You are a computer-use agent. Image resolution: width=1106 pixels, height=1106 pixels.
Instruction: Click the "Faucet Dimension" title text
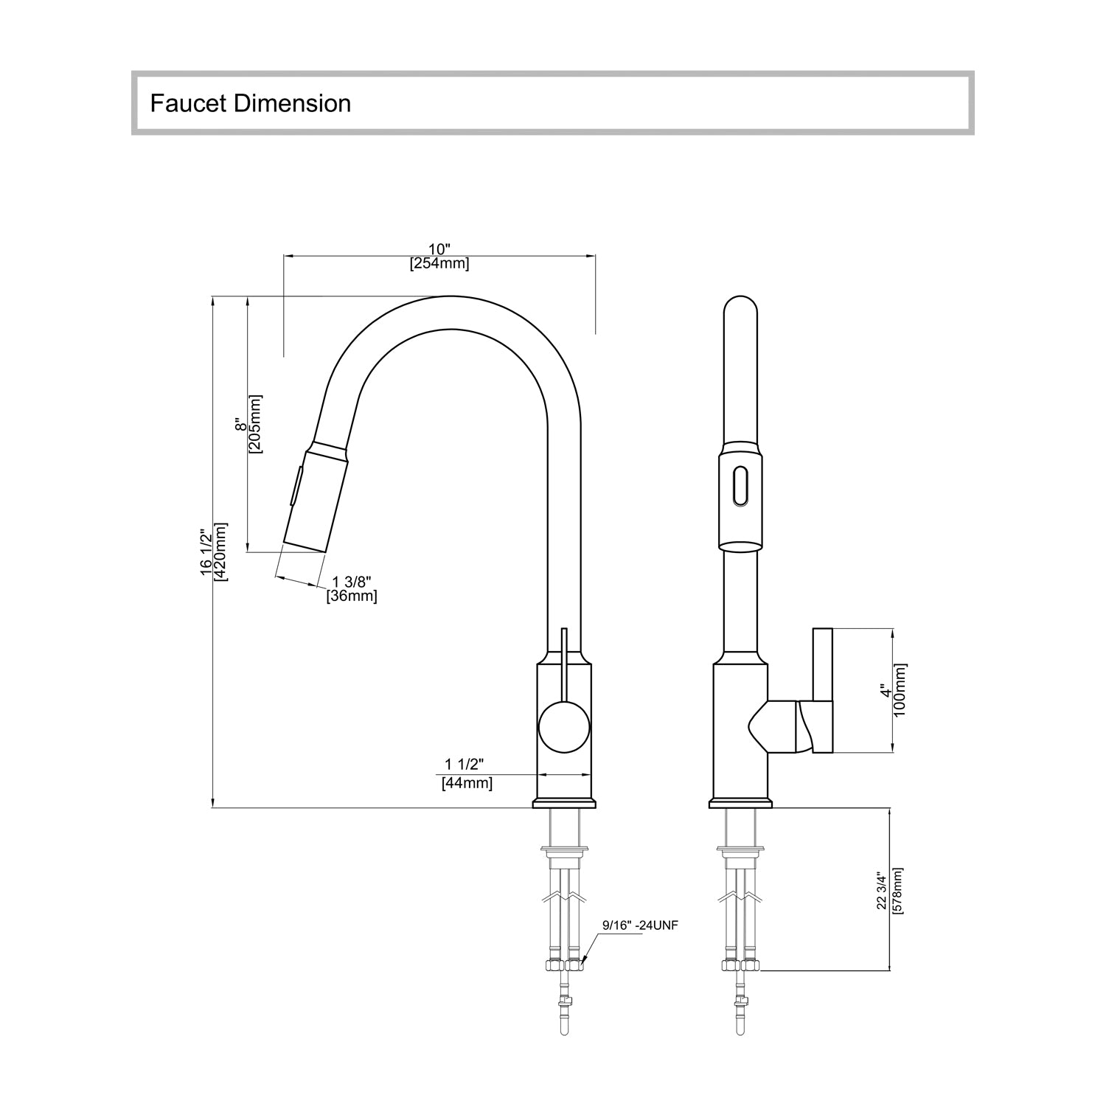(x=250, y=103)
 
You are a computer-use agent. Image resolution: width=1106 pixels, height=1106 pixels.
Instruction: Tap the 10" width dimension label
(x=439, y=249)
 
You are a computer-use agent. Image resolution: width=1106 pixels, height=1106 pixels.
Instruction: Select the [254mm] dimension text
(x=439, y=263)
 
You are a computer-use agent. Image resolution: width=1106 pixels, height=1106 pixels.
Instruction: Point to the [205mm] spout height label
(x=255, y=424)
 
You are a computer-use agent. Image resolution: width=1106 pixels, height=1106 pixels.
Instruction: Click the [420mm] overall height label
(x=220, y=552)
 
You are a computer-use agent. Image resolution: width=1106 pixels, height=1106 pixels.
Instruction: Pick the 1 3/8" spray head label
(x=352, y=582)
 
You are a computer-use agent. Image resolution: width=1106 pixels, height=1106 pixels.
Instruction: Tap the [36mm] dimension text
(x=352, y=596)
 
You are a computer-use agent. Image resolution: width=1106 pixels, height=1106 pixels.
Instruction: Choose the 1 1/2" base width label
(x=464, y=764)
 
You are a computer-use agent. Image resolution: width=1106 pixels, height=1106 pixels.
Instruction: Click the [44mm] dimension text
(x=467, y=783)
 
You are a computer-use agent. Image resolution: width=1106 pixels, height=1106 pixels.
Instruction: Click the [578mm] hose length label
(x=897, y=891)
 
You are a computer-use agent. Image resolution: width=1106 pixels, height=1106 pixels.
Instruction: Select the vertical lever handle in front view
(x=822, y=691)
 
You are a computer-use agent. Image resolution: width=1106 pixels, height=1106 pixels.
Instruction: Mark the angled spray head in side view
(x=313, y=498)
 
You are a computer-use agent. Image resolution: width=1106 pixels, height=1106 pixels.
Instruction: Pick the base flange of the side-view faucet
(x=563, y=803)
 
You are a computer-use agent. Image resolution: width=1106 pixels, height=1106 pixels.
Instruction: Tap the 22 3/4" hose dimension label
(x=882, y=891)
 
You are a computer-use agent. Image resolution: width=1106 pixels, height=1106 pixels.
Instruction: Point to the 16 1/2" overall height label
(x=206, y=552)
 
